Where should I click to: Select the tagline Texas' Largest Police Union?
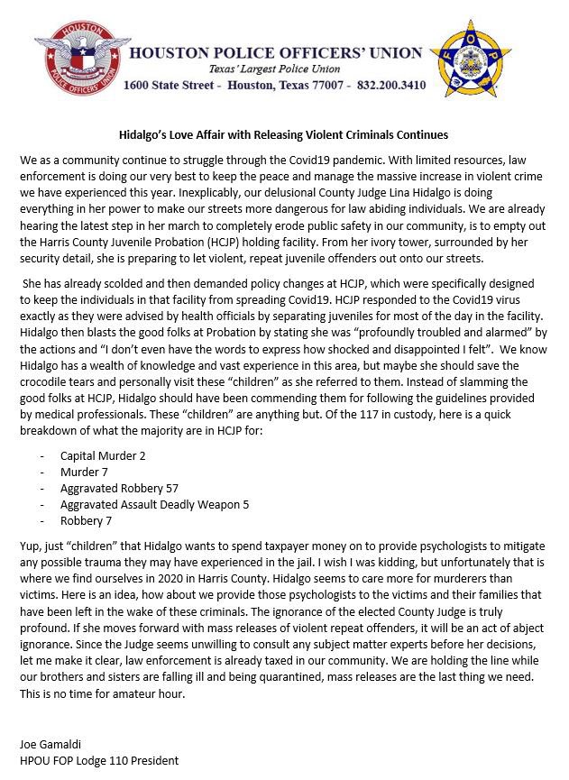[x=274, y=69]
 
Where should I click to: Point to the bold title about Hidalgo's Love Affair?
[x=284, y=135]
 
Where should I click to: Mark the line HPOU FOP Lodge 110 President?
[x=98, y=760]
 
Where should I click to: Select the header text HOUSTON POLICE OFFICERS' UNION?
[x=275, y=53]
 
